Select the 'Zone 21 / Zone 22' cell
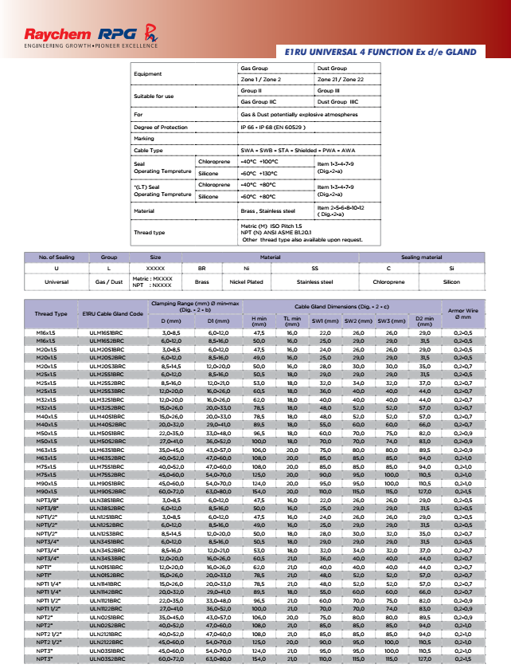[340, 81]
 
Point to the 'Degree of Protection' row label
[160, 127]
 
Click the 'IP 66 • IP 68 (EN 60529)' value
[273, 127]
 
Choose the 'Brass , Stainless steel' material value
[267, 211]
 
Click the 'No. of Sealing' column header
[55, 257]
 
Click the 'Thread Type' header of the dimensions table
[51, 313]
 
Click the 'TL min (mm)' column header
[291, 321]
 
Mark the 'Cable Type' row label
[148, 150]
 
